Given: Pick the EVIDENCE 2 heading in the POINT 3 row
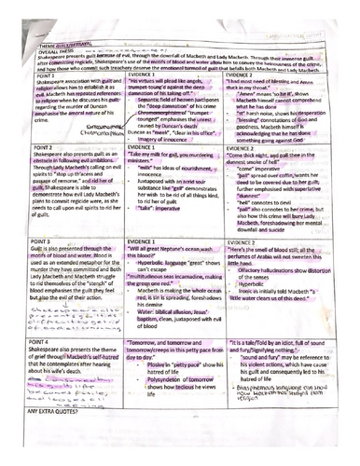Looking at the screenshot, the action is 249,266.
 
